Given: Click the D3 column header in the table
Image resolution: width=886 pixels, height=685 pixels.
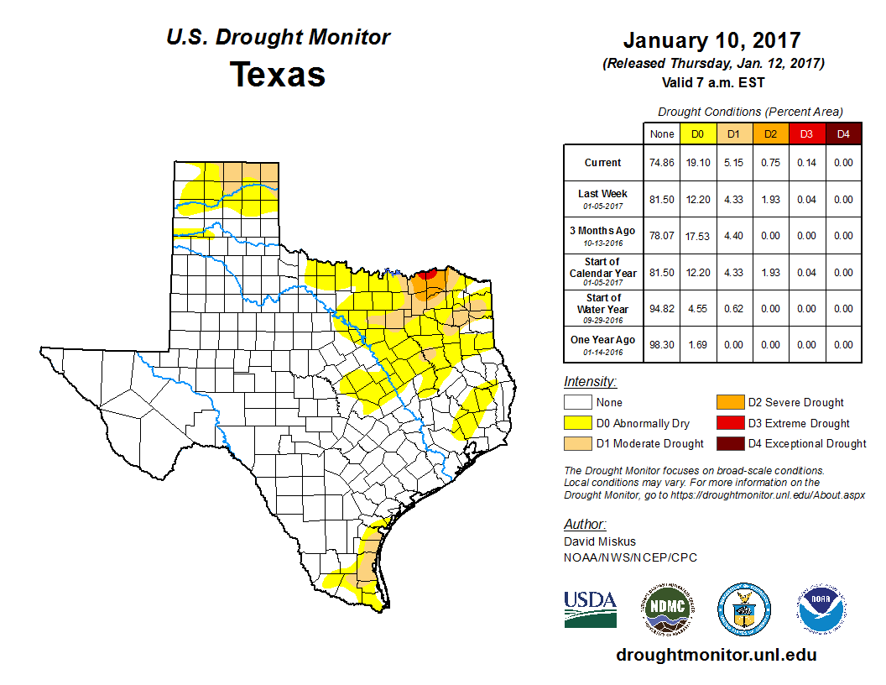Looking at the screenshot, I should [x=805, y=133].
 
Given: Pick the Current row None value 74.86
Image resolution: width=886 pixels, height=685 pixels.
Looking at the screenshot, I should [x=662, y=163].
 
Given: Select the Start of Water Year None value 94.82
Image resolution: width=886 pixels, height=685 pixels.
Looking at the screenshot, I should [x=662, y=308].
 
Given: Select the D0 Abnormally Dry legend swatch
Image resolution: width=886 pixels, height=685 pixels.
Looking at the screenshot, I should [x=577, y=423].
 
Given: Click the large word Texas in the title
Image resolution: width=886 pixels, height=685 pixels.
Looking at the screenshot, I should [x=278, y=74].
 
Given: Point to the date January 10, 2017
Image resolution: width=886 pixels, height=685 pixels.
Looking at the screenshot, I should [x=711, y=40].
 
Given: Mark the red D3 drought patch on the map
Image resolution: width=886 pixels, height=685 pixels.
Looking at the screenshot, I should [x=427, y=274].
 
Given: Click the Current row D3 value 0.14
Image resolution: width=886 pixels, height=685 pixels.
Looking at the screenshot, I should [x=805, y=163].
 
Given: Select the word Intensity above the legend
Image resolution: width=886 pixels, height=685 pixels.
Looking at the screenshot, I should [x=590, y=382].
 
